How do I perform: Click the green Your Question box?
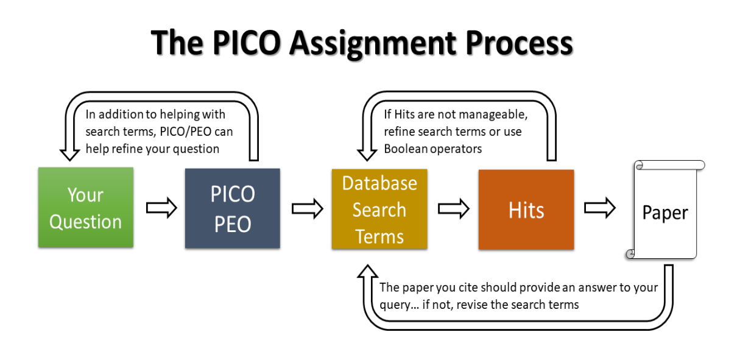click(x=85, y=208)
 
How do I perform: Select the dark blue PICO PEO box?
click(x=232, y=208)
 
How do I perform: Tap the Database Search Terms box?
click(x=379, y=210)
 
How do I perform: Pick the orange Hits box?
click(x=526, y=210)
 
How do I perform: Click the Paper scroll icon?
click(x=664, y=212)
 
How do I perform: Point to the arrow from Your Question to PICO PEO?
click(x=161, y=208)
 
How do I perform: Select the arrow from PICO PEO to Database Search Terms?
click(x=307, y=209)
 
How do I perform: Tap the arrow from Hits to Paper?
click(x=600, y=208)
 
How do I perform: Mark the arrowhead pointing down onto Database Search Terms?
click(x=367, y=153)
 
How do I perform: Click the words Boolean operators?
click(x=432, y=149)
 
